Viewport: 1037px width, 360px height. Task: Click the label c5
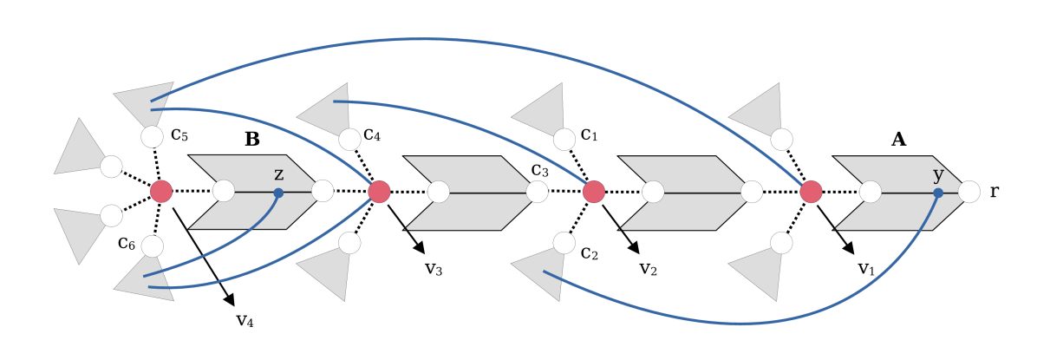tap(180, 134)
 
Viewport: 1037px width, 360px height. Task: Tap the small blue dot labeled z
tap(278, 193)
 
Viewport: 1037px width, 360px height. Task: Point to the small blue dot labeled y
tap(938, 193)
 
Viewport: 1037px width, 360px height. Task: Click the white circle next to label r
tap(969, 192)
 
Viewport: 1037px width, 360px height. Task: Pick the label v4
tap(245, 319)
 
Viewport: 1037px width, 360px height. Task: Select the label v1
tap(866, 268)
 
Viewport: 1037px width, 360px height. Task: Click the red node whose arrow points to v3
tap(378, 191)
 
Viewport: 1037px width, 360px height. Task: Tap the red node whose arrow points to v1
tap(811, 191)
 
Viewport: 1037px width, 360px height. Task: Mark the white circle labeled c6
tap(152, 246)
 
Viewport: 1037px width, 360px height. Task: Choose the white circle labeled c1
tap(564, 139)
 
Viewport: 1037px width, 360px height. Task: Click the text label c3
tap(539, 169)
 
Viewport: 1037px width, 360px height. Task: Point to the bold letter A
tap(899, 139)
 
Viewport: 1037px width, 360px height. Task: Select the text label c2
tap(589, 252)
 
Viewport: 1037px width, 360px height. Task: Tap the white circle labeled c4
tap(349, 139)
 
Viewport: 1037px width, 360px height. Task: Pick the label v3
tap(434, 267)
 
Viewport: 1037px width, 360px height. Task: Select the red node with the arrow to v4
tap(161, 191)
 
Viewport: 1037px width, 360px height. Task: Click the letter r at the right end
tap(994, 192)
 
